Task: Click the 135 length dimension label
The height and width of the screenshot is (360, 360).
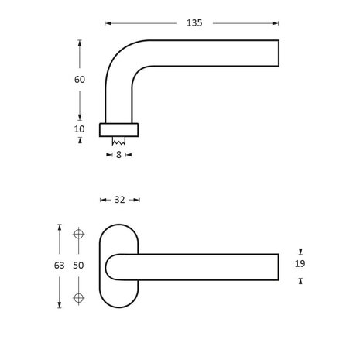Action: [194, 23]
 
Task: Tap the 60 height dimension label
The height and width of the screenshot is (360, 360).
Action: [80, 80]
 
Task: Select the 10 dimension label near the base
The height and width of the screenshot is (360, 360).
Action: [80, 129]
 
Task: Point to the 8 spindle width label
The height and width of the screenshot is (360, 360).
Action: [118, 155]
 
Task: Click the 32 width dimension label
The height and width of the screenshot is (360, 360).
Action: [120, 200]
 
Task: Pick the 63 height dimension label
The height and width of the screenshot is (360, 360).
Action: [58, 265]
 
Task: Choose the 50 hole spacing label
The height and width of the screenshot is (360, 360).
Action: [77, 265]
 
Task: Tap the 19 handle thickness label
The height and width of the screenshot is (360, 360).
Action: [300, 264]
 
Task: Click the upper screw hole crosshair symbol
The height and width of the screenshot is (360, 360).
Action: [77, 234]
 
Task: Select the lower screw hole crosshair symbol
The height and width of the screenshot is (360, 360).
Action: [77, 297]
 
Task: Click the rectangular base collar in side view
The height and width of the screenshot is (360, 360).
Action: [120, 129]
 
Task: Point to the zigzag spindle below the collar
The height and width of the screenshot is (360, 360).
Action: [118, 142]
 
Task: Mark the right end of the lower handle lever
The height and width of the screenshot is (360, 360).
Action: [276, 266]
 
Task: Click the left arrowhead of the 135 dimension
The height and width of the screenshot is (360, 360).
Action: [107, 23]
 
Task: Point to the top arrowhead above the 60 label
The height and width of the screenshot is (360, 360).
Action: [80, 43]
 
